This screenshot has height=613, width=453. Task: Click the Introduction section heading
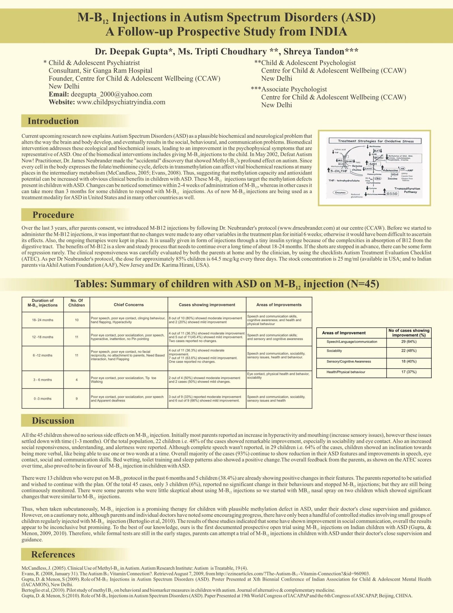tap(53, 121)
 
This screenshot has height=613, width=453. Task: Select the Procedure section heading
tap(53, 215)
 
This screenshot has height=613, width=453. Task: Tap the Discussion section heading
tap(53, 421)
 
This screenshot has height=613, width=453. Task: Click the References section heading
tap(53, 554)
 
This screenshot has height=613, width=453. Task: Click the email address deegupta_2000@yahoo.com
tap(111, 94)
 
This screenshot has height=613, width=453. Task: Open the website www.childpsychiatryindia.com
tap(121, 102)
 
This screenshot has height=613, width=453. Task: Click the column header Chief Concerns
tap(129, 305)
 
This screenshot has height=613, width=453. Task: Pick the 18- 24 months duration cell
tap(42, 320)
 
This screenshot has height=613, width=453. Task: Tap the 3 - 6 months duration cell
tap(42, 380)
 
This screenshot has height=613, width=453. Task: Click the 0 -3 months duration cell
tap(42, 399)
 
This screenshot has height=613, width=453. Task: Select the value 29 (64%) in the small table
tap(409, 342)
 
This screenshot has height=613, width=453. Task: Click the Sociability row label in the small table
tap(334, 351)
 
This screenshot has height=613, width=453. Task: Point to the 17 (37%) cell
tap(409, 372)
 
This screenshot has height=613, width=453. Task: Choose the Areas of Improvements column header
tap(279, 305)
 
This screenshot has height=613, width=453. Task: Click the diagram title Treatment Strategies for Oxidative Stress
tap(375, 141)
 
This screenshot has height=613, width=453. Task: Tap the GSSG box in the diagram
tap(392, 193)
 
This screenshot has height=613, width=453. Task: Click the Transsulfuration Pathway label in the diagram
tap(407, 190)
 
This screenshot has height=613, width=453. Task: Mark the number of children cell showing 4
tap(76, 380)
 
